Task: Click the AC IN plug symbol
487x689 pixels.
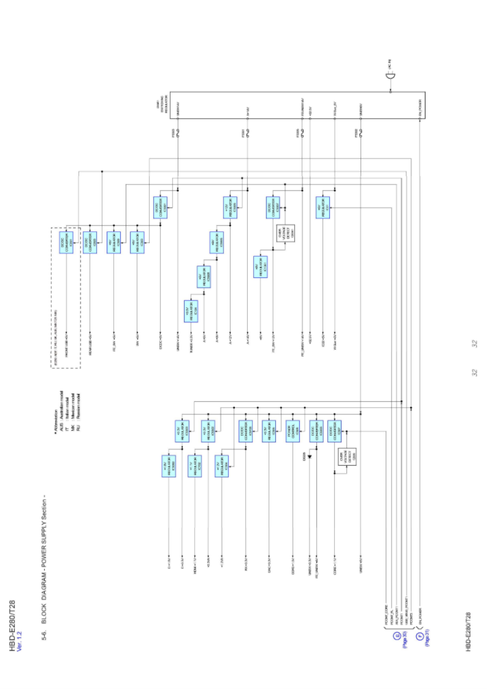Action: tap(390, 76)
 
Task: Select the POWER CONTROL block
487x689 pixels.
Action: tap(292, 431)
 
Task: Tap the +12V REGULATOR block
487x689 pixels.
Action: tap(230, 208)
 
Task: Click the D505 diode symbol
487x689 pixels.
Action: tap(310, 456)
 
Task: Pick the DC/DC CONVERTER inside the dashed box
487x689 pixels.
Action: tap(66, 242)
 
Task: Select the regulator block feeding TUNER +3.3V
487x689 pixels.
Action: tap(191, 311)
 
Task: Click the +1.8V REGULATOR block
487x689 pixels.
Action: tap(168, 466)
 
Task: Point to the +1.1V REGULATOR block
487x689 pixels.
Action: tap(195, 466)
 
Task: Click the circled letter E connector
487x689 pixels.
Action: tap(397, 636)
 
